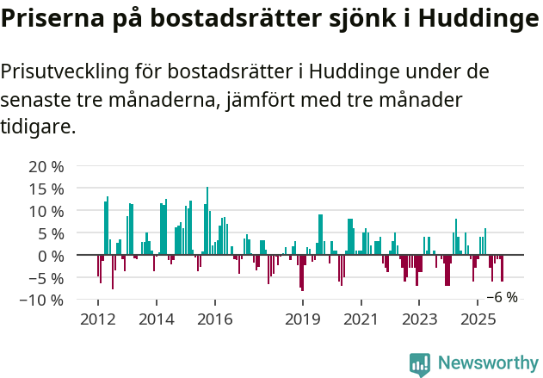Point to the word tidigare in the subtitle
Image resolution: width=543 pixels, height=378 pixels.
(36, 127)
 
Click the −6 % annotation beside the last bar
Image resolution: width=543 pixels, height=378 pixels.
(502, 297)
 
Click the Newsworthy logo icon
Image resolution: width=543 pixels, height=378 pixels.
(420, 364)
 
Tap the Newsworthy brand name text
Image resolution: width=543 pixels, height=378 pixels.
(488, 364)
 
